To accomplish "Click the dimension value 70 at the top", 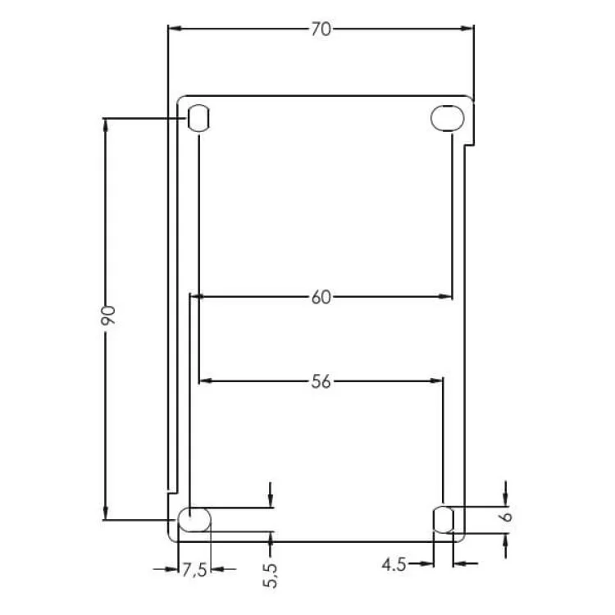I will click(321, 29).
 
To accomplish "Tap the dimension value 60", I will click(321, 297).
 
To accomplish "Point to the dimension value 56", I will click(321, 381).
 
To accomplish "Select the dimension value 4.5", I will click(396, 564).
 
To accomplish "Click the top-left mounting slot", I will click(199, 118).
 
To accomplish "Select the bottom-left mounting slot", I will click(195, 520).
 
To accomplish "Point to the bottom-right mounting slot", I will click(444, 519).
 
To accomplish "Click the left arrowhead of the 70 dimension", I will click(172, 29).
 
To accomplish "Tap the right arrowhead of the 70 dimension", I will click(470, 29).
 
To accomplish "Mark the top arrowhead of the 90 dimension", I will click(106, 123).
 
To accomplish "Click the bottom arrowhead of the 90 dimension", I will click(106, 515).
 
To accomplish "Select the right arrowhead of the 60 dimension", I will click(448, 296).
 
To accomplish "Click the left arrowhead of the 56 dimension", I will click(204, 380).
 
